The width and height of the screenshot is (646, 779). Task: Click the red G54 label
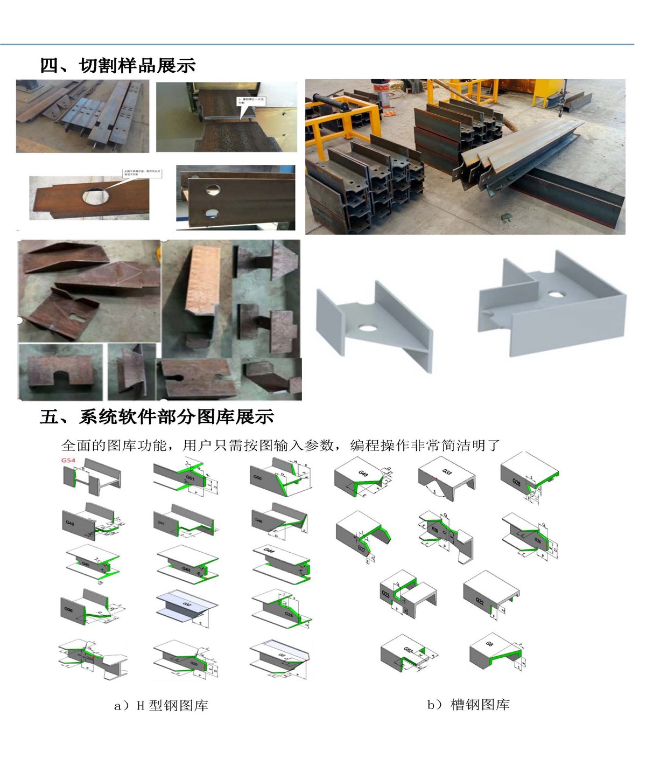(68, 461)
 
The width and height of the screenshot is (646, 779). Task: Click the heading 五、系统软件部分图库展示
(157, 416)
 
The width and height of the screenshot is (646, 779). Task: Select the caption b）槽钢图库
(468, 705)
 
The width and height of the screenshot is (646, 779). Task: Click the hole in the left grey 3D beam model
(369, 327)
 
